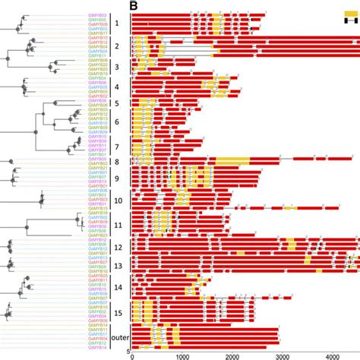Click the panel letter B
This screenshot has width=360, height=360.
coord(134,6)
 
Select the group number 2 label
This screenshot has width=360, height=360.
coord(117,47)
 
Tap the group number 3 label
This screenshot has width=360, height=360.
coord(117,68)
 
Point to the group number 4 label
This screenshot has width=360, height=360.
coord(117,87)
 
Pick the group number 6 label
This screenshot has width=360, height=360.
coord(117,122)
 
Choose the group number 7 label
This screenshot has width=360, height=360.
coord(117,147)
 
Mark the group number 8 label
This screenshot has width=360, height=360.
coord(117,162)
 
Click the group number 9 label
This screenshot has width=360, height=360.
coord(117,179)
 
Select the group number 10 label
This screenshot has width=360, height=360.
coord(118,201)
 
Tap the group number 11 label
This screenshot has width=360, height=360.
coord(118,225)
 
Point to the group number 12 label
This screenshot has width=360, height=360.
coord(118,248)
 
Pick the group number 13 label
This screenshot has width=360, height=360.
coord(118,266)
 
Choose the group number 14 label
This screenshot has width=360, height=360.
coord(118,288)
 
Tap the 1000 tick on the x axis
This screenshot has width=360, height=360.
coord(181,355)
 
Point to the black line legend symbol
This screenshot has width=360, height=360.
coord(350,21)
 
